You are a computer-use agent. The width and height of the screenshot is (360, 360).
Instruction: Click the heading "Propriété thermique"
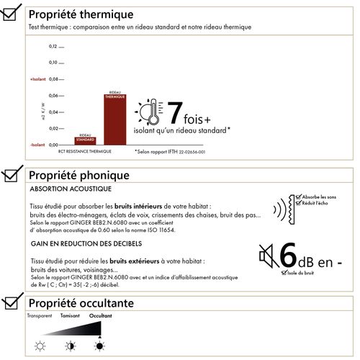(80, 14)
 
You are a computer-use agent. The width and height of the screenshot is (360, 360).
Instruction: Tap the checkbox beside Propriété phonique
(12, 175)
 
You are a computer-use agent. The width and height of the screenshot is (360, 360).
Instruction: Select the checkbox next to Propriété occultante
(12, 303)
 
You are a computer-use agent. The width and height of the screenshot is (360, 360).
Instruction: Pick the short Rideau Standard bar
(85, 139)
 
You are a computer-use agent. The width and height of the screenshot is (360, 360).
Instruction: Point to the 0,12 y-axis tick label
(53, 47)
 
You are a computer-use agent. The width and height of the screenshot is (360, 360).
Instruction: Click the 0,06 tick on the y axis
(53, 96)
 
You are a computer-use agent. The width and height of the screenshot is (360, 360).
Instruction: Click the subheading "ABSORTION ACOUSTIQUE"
(71, 189)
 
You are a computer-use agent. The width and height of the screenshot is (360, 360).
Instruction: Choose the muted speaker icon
(267, 254)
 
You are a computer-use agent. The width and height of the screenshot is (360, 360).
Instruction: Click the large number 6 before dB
(288, 256)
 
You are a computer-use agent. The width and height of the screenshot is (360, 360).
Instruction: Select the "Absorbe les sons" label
(321, 197)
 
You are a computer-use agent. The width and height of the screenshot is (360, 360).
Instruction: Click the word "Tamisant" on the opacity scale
(70, 316)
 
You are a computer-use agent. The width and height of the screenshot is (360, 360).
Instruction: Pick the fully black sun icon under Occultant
(100, 346)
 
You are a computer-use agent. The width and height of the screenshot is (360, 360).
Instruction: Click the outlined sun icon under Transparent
(40, 346)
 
